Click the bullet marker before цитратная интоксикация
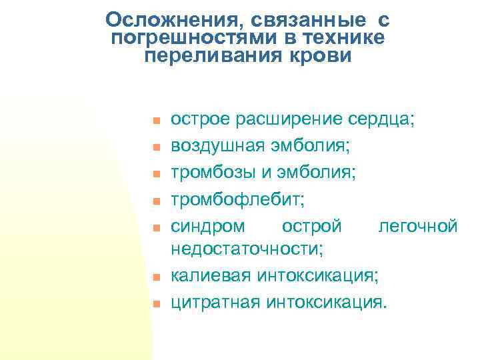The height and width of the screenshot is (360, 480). (x=153, y=304)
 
